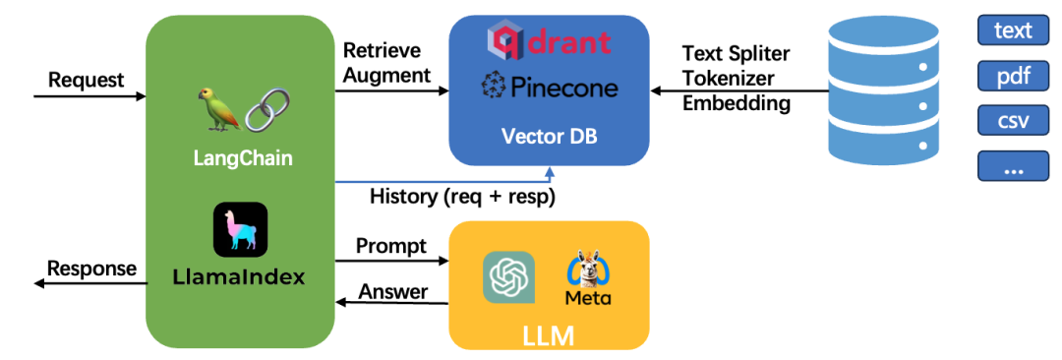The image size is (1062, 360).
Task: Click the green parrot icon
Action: coord(219,109)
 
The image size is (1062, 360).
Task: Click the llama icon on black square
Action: coord(241,230)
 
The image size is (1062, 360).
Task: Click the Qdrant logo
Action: coord(549,40)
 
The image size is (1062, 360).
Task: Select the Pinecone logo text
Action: coord(550,87)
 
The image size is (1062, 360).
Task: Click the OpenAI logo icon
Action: coord(508,276)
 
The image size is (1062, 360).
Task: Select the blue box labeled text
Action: coord(1013,30)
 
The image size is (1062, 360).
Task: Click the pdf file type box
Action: coord(1013,76)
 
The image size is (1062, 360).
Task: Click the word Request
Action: coord(87,80)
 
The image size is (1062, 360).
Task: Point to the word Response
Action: coord(92,269)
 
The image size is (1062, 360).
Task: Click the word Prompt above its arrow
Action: coord(391,246)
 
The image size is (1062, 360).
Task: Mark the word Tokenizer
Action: coord(729,78)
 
